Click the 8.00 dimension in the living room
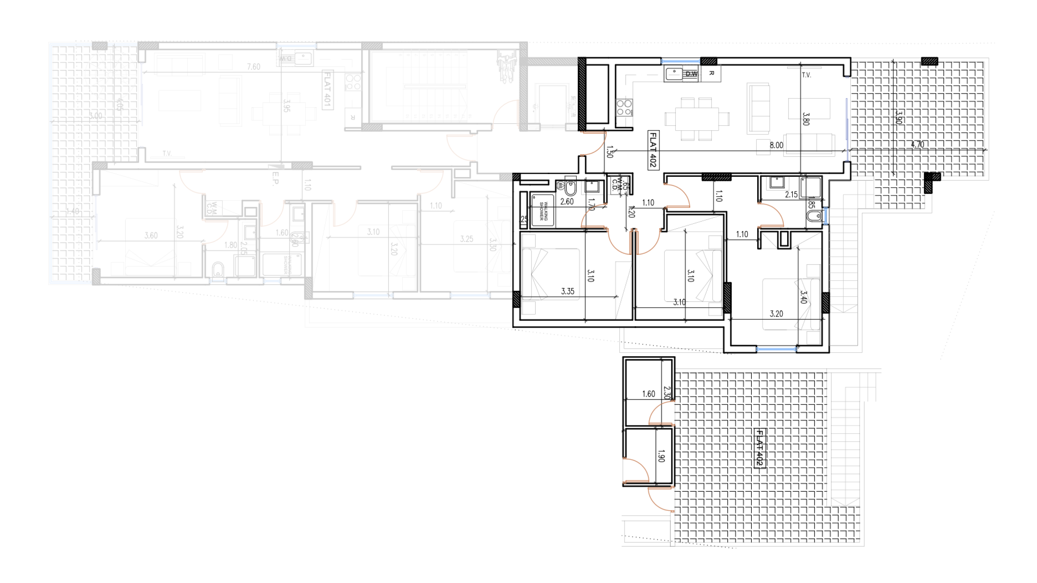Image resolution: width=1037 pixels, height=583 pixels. point(776,145)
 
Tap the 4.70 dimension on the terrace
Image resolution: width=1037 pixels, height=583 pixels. point(917,144)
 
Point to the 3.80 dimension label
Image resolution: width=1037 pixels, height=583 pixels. point(805,119)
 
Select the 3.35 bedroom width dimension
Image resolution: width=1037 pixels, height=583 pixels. point(567,291)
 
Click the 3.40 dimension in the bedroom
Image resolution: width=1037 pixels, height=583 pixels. point(803,297)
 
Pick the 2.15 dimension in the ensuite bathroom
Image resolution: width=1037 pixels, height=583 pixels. point(791,195)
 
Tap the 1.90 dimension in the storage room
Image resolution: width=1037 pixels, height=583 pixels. point(661,456)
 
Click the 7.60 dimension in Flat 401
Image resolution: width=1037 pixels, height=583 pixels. point(253,67)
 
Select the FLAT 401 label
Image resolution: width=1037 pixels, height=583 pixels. point(328,89)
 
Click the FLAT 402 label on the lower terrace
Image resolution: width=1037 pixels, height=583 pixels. point(759,448)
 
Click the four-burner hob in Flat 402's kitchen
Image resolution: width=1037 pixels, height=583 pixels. point(624,107)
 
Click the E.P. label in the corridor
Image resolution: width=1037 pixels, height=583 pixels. point(275,178)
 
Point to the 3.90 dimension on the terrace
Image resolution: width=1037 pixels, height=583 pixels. point(898,117)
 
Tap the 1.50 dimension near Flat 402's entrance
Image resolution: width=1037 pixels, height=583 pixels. point(610,152)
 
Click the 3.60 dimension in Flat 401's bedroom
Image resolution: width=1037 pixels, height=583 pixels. point(151,235)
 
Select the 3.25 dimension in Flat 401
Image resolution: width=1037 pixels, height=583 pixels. point(467,239)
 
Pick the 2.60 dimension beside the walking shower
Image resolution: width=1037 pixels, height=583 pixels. point(567,202)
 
